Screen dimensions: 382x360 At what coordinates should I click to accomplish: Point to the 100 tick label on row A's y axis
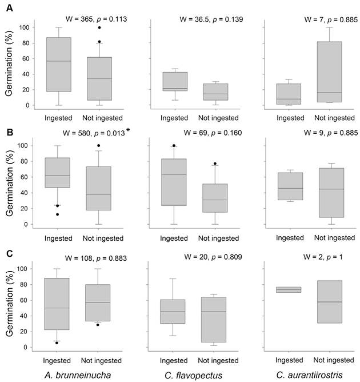point(22,27)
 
